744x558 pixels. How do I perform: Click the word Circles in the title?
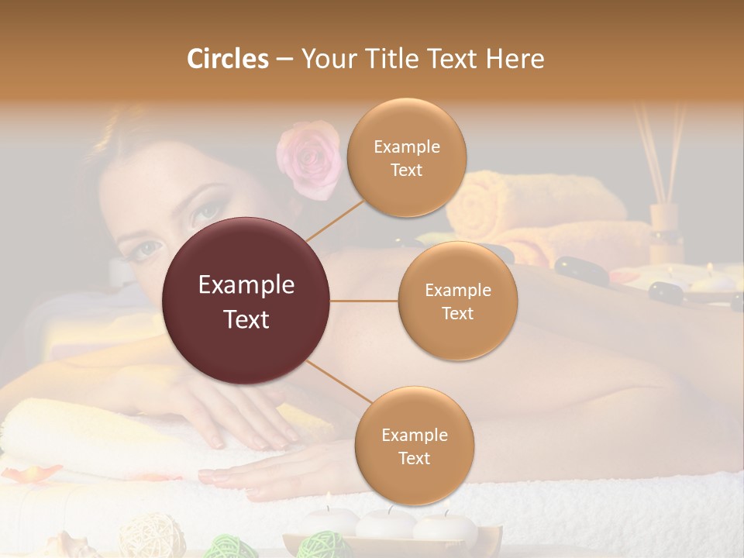pos(227,59)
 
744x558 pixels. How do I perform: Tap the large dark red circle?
pos(246,301)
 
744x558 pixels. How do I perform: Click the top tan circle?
pos(407,157)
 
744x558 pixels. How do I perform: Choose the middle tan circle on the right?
pos(458,301)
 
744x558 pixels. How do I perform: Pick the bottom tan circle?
pos(415,446)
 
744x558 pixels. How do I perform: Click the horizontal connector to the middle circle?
pos(364,301)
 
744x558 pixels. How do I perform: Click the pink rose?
pos(308,158)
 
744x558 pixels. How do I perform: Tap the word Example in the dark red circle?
pos(246,285)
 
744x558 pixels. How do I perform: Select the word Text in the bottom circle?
pos(415,458)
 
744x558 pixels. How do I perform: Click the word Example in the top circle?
pos(407,146)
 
